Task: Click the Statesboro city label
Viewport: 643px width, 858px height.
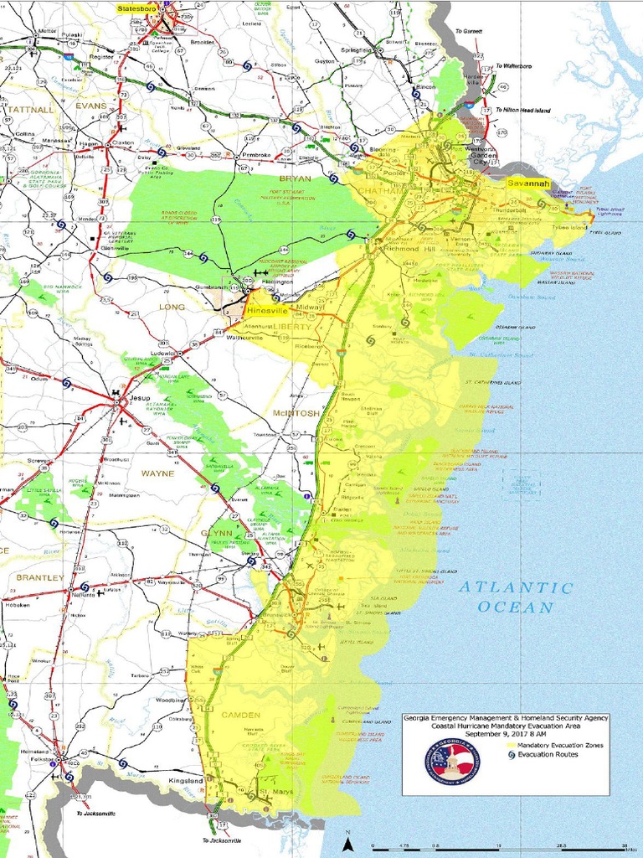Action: [139, 8]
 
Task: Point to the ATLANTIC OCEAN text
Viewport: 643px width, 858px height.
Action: [517, 597]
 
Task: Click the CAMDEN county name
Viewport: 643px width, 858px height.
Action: [241, 715]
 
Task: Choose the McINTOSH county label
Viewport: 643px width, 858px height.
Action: [296, 414]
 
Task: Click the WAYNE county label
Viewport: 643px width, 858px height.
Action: [157, 473]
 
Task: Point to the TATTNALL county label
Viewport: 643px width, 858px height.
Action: [30, 109]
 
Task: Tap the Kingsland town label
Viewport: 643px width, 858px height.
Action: [186, 781]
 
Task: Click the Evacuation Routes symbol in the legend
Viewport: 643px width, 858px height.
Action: [510, 754]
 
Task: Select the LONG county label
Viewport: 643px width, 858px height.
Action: [172, 308]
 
